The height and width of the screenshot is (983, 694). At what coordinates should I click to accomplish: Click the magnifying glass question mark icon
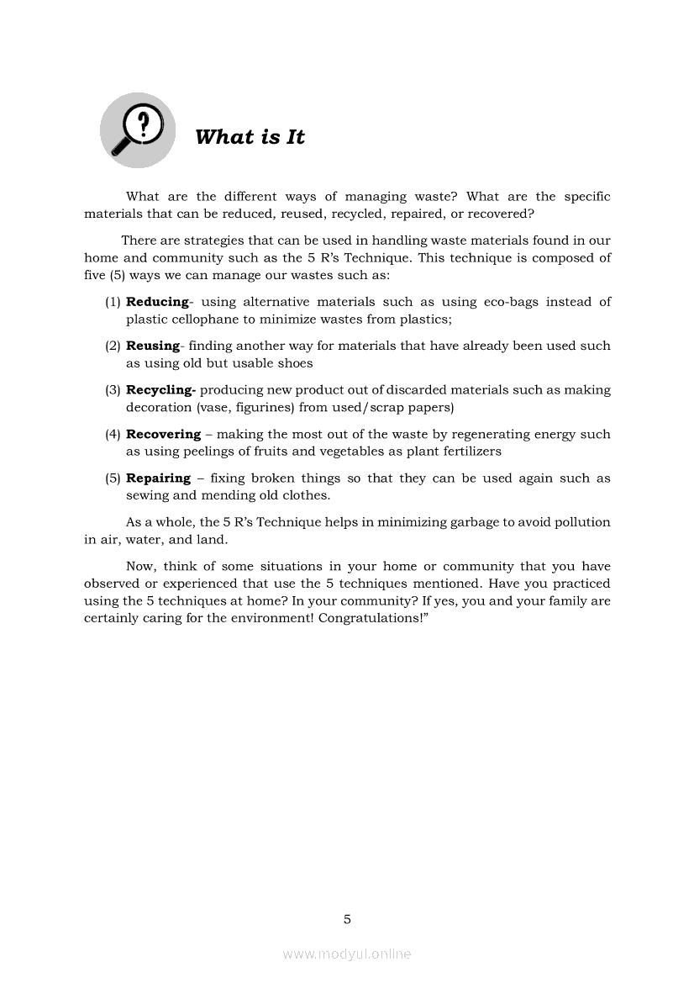[138, 129]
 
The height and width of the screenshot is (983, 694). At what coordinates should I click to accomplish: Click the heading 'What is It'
[250, 137]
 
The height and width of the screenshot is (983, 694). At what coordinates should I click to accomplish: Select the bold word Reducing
[157, 302]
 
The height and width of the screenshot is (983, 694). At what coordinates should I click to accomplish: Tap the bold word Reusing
[153, 346]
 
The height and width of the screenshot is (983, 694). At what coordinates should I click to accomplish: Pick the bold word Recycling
[160, 390]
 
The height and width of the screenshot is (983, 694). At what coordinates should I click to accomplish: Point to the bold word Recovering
[163, 435]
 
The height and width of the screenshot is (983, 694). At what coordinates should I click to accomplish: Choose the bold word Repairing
[158, 478]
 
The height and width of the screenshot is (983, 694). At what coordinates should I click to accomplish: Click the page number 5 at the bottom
[347, 920]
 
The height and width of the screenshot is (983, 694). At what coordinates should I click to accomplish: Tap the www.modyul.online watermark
[347, 954]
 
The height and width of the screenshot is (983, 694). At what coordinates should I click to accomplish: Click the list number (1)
[113, 302]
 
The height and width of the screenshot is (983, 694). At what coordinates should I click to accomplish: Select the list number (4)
[113, 435]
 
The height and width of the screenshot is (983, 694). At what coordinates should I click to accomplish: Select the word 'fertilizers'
[466, 452]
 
